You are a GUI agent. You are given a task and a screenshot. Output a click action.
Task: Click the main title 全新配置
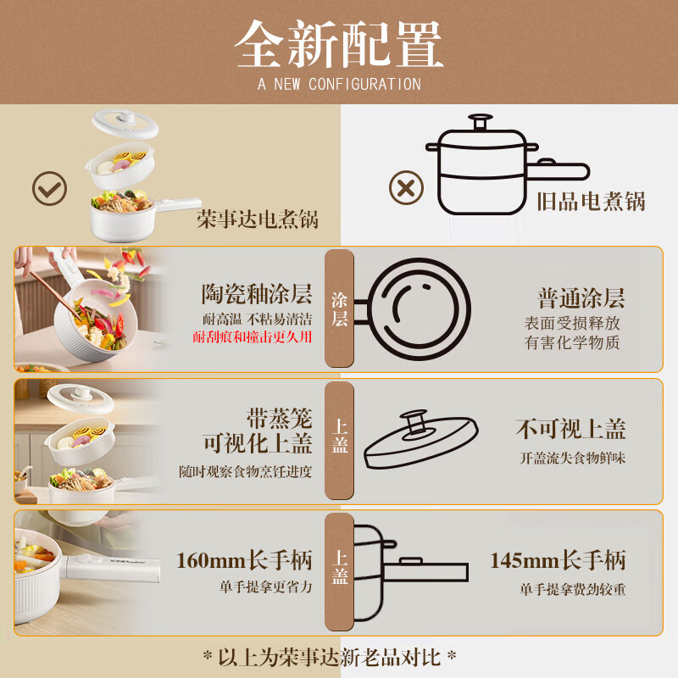tap(339, 43)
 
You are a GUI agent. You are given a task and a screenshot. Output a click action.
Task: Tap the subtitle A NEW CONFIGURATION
tap(339, 84)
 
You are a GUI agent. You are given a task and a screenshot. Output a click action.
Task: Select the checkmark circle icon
tap(49, 188)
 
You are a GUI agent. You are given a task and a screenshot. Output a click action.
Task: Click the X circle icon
tap(406, 186)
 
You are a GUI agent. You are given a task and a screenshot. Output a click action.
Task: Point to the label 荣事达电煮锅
tap(258, 220)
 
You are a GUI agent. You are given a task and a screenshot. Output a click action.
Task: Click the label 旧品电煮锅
tap(591, 202)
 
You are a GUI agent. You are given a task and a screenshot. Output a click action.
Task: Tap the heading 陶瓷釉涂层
tap(257, 296)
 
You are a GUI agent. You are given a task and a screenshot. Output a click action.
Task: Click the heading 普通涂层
tap(581, 297)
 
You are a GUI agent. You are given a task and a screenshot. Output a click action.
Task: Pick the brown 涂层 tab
tap(339, 308)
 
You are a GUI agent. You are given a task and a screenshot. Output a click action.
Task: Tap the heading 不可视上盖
tap(570, 429)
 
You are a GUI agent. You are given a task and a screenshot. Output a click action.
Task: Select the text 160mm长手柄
tap(244, 560)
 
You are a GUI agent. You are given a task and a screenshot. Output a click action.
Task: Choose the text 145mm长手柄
tap(558, 560)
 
